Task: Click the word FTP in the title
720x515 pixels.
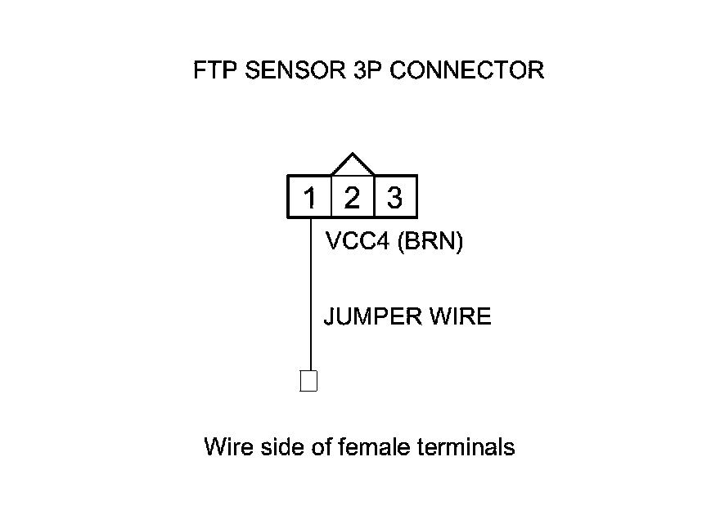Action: click(x=214, y=70)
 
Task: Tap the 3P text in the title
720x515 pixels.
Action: click(x=364, y=70)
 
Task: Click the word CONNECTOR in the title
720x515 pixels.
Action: click(x=466, y=70)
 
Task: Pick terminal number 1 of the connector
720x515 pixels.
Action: click(x=310, y=197)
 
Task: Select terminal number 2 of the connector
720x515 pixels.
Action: click(x=352, y=197)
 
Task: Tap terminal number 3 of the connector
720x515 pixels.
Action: click(x=394, y=197)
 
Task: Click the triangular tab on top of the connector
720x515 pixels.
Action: click(x=352, y=164)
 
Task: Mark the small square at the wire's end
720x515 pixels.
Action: click(x=308, y=381)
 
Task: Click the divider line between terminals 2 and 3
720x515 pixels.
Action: click(x=373, y=197)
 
